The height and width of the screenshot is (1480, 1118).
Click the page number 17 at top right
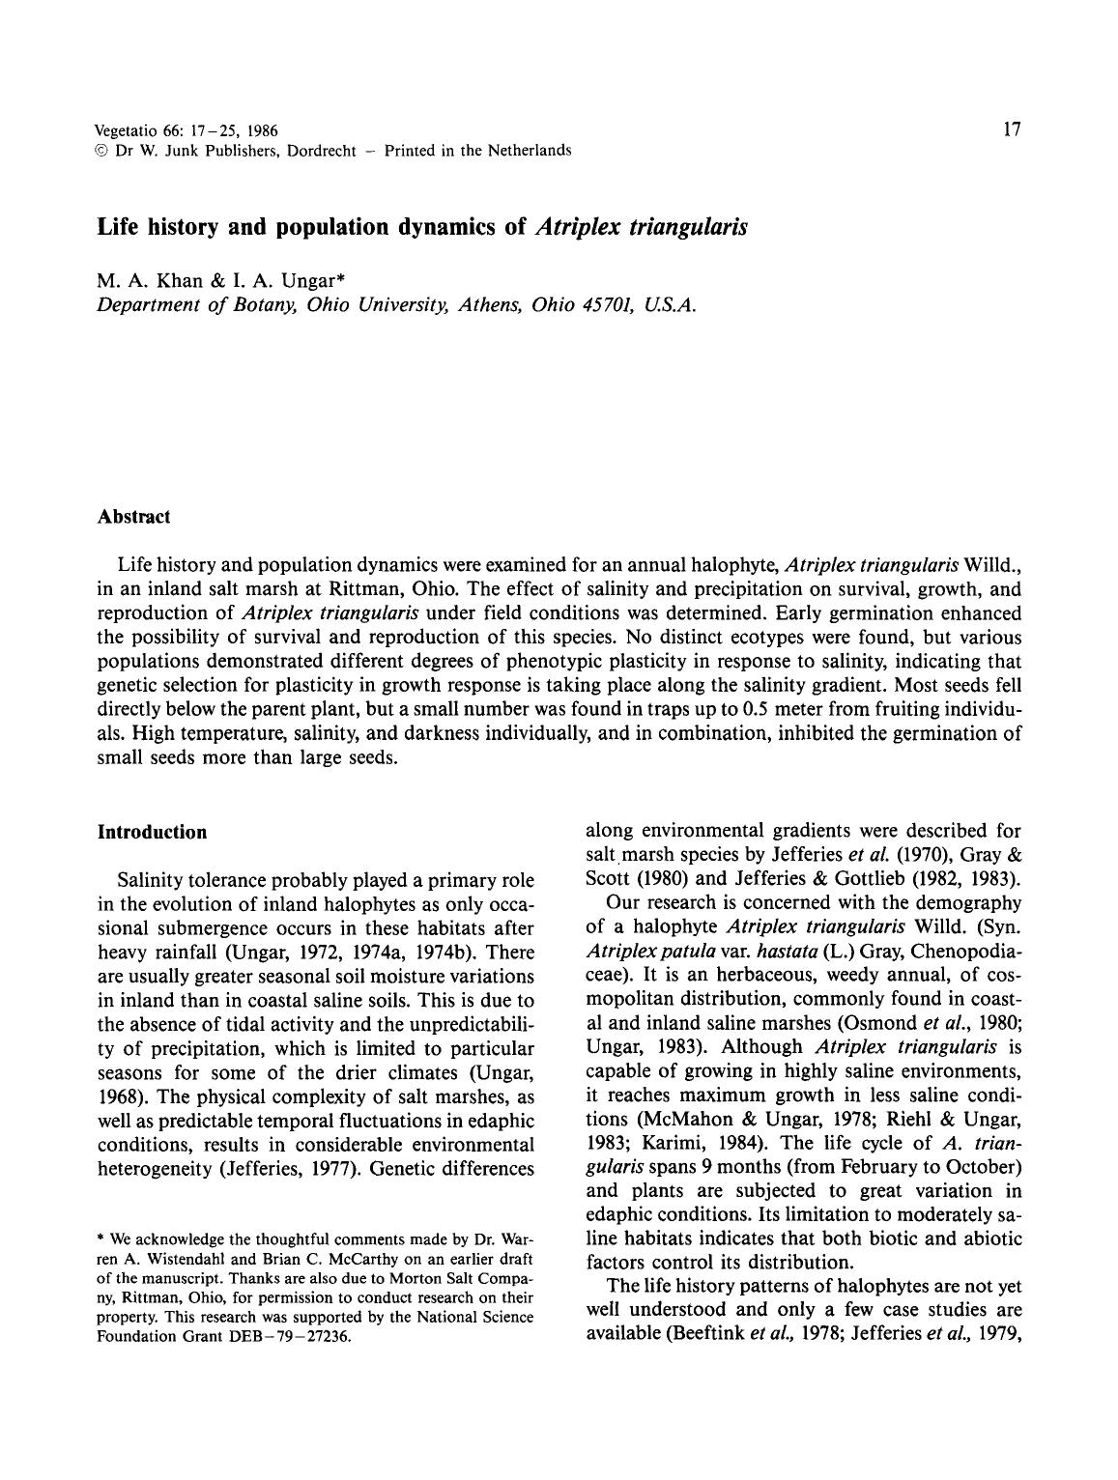click(x=1012, y=129)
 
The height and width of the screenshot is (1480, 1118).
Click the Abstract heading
click(x=133, y=517)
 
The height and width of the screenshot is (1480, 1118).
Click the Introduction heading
click(x=152, y=833)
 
